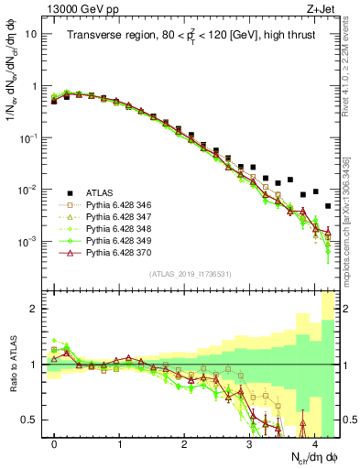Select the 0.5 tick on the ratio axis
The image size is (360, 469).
click(x=29, y=420)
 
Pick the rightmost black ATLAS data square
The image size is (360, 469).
click(x=327, y=207)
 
